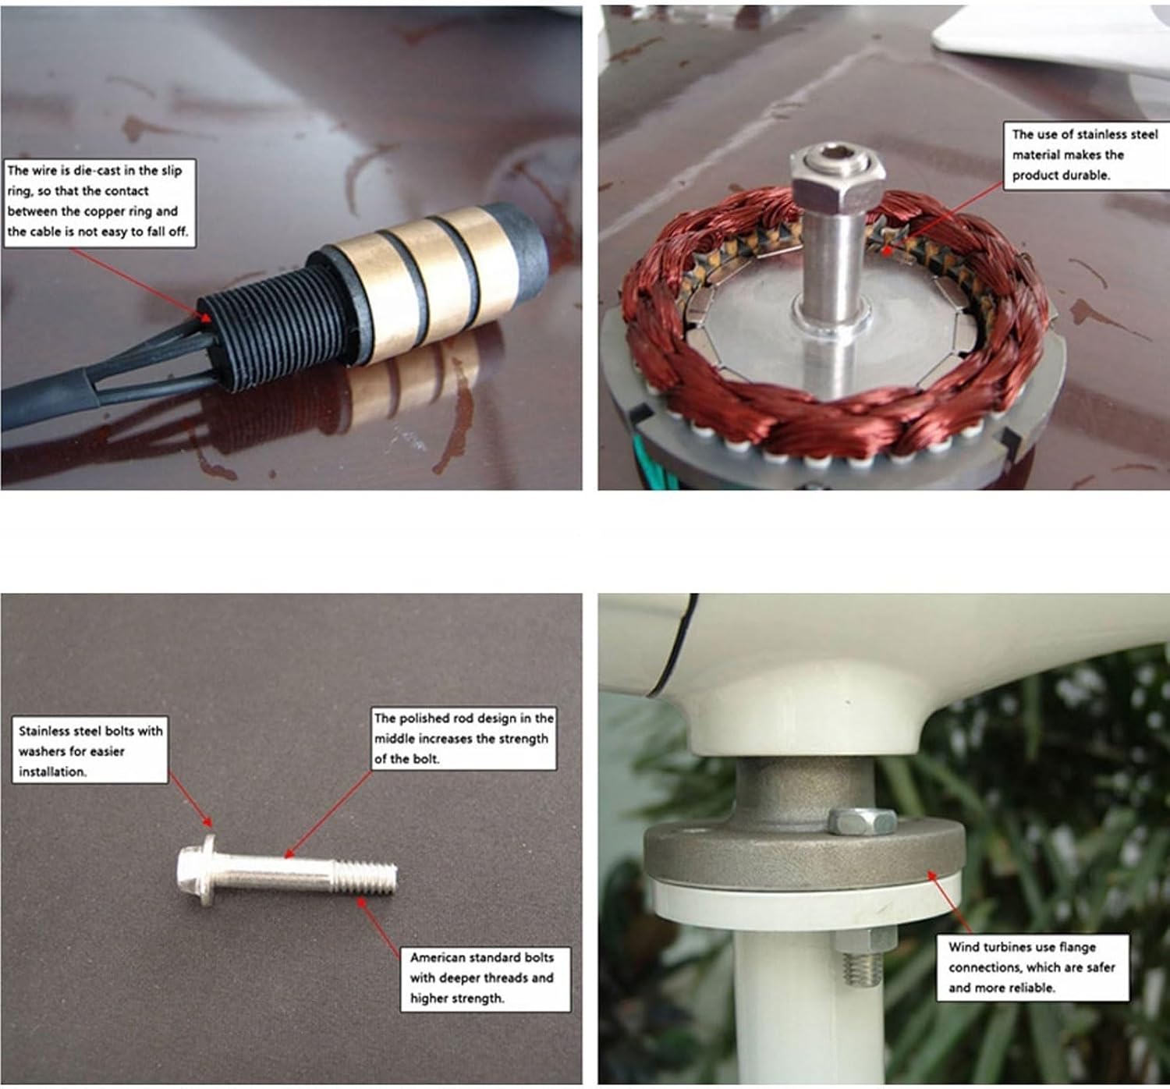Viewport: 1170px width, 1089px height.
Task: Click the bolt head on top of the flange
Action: pyautogui.click(x=862, y=821)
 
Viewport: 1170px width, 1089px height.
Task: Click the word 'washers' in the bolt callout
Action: pyautogui.click(x=42, y=750)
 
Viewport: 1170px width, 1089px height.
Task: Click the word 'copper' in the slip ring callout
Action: pyautogui.click(x=117, y=211)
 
